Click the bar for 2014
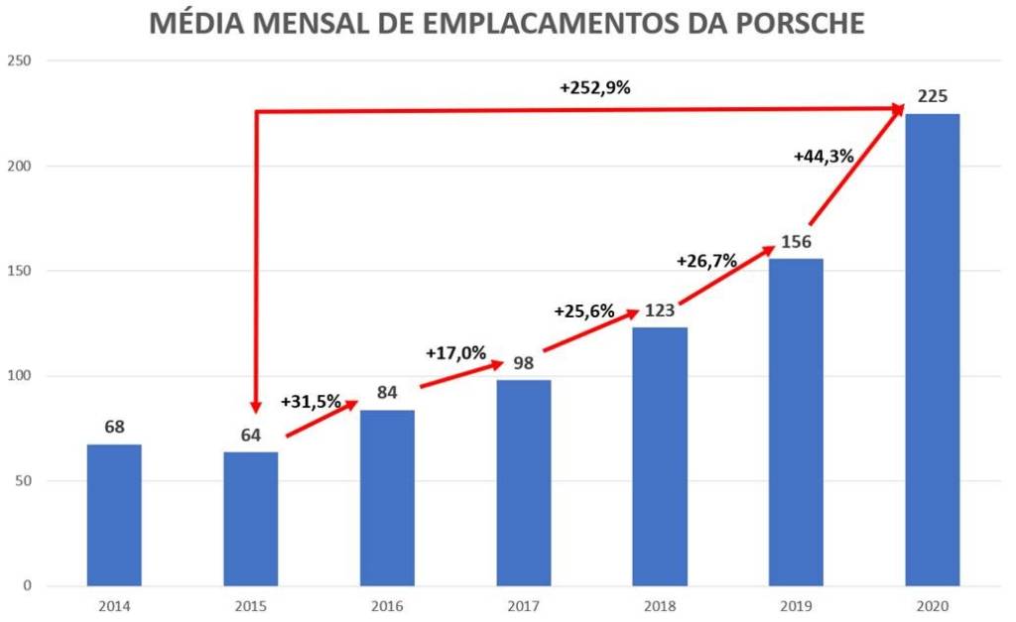114,515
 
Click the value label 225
932,96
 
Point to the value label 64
250,435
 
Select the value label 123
660,311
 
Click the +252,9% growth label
594,87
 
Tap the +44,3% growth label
823,156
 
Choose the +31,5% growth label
311,402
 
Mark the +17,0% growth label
455,352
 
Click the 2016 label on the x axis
387,604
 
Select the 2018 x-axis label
660,604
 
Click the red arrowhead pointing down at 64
256,405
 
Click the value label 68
114,427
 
